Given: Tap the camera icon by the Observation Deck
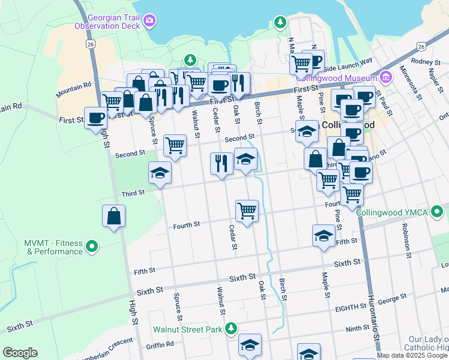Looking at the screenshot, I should click(x=149, y=21).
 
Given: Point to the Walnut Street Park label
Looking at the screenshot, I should click(x=187, y=329).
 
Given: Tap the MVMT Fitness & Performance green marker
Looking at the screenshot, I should click(x=92, y=245).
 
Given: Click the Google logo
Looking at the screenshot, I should click(x=20, y=353).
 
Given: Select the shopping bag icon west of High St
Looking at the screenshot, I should click(x=113, y=216).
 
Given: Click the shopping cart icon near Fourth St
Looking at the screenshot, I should click(x=247, y=211).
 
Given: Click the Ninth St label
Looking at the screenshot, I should click(x=357, y=329).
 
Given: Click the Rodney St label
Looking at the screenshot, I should click(x=426, y=61).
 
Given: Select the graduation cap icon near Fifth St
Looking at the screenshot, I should click(x=324, y=235).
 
